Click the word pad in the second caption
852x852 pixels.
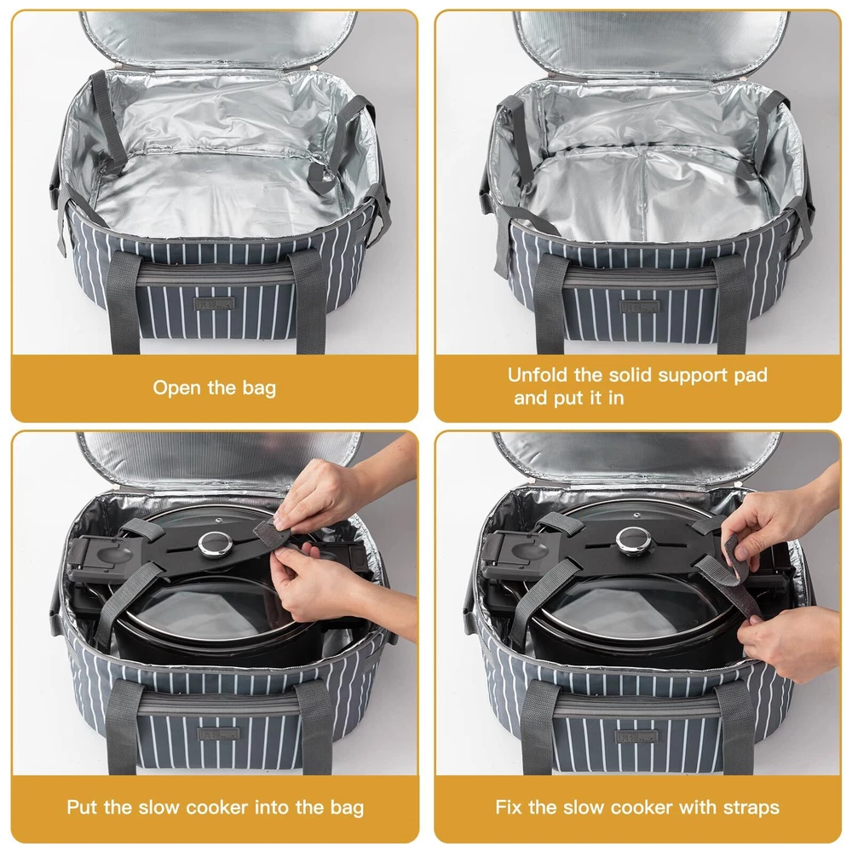[x=751, y=376]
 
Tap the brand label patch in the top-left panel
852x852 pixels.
[x=214, y=304]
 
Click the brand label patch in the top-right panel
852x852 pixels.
[x=640, y=307]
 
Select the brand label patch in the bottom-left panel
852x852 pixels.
[x=218, y=734]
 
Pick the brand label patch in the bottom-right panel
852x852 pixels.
[x=636, y=737]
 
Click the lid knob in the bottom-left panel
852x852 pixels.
[x=216, y=544]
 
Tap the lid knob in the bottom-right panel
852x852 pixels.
[x=633, y=538]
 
